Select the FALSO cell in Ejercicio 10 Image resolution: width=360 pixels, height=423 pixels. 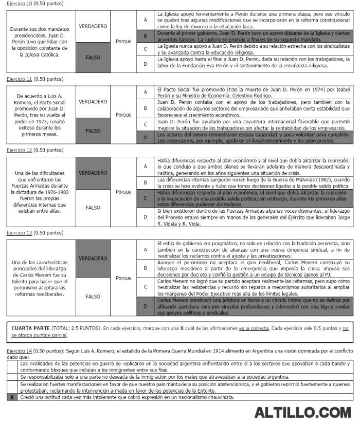(x=93, y=57)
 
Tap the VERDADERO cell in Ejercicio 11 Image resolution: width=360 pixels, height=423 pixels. (x=93, y=101)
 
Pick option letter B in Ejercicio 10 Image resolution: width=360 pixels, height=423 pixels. (x=146, y=36)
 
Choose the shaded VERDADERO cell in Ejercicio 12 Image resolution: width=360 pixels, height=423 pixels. (x=93, y=173)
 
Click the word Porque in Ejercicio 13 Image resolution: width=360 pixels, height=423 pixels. (x=123, y=278)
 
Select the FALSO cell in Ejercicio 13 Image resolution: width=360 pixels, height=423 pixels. (x=93, y=297)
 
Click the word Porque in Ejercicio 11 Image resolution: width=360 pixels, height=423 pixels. (x=123, y=115)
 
